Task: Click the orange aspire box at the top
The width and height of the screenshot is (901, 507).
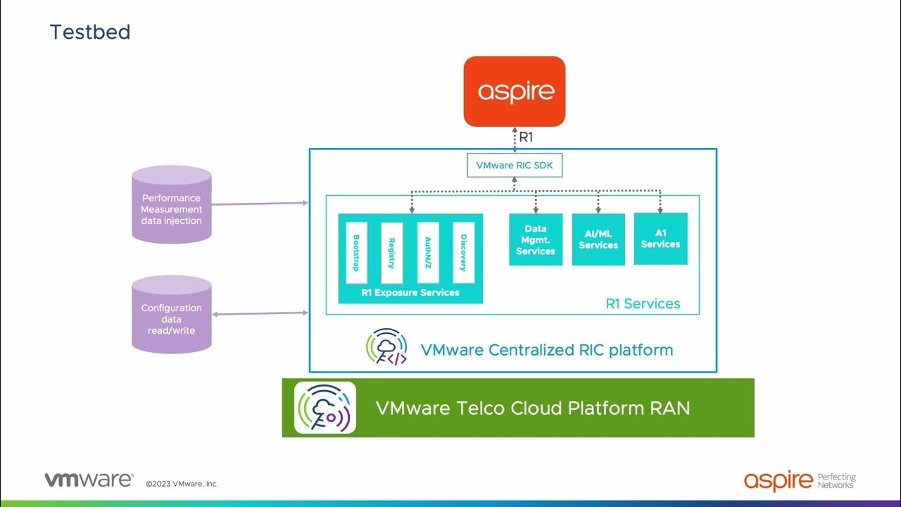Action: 514,92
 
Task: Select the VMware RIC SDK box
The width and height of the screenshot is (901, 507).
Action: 515,165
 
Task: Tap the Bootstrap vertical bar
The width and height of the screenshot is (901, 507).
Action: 356,253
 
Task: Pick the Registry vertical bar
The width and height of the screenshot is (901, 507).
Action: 392,253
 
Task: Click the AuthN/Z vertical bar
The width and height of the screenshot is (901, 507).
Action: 428,253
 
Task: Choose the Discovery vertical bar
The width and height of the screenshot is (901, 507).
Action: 463,253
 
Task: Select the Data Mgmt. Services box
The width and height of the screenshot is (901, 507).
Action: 536,239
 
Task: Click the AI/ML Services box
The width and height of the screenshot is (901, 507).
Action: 598,239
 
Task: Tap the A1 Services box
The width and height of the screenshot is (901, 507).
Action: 660,239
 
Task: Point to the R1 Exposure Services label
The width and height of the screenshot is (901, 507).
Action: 410,292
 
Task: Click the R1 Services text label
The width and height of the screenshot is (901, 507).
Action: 643,303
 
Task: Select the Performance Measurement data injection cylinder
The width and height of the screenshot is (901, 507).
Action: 172,205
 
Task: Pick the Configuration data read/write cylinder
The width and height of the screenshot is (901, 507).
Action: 172,315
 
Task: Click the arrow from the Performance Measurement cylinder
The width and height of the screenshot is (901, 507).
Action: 260,204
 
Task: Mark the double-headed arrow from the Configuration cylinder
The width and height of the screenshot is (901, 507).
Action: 260,313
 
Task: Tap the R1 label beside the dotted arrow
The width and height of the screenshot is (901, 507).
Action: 527,137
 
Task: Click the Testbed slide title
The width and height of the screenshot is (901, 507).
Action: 90,32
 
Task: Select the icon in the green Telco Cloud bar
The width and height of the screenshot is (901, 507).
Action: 325,408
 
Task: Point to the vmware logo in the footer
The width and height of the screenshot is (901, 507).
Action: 89,480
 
